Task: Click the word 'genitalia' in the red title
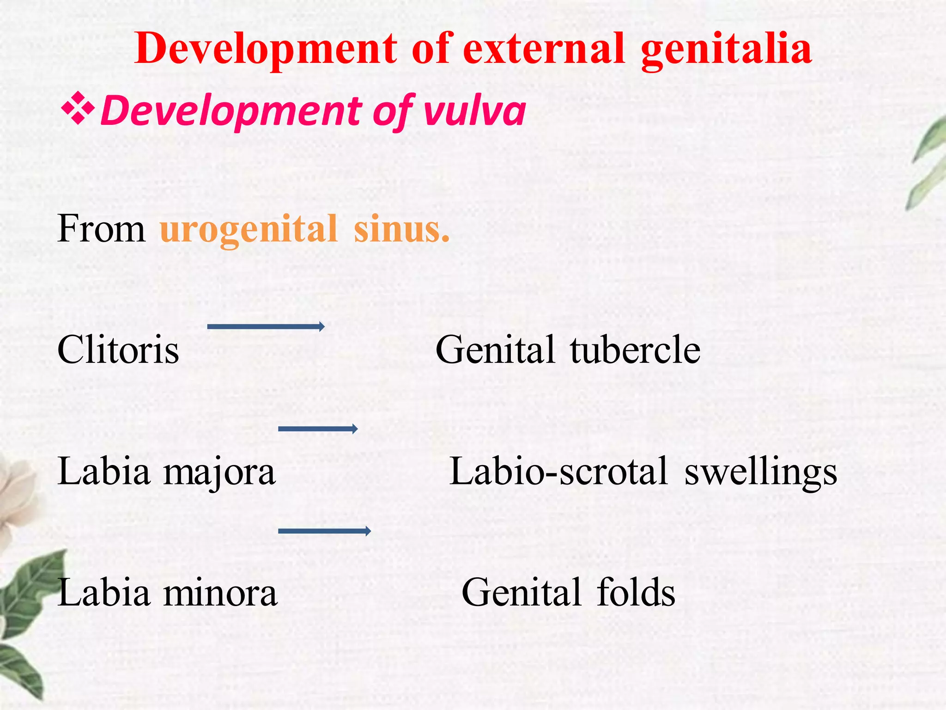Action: (x=726, y=50)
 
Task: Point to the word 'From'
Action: (x=101, y=228)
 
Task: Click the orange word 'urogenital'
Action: (x=249, y=228)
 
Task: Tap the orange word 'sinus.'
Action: (x=401, y=229)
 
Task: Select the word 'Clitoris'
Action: (x=118, y=349)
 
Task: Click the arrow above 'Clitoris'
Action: (x=266, y=327)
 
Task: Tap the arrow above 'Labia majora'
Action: (x=318, y=429)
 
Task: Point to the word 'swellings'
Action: (x=760, y=472)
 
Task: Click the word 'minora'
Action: (x=220, y=593)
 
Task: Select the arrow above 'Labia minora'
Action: (x=324, y=531)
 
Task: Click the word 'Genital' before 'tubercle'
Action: (x=495, y=349)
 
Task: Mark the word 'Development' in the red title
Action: (x=266, y=50)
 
